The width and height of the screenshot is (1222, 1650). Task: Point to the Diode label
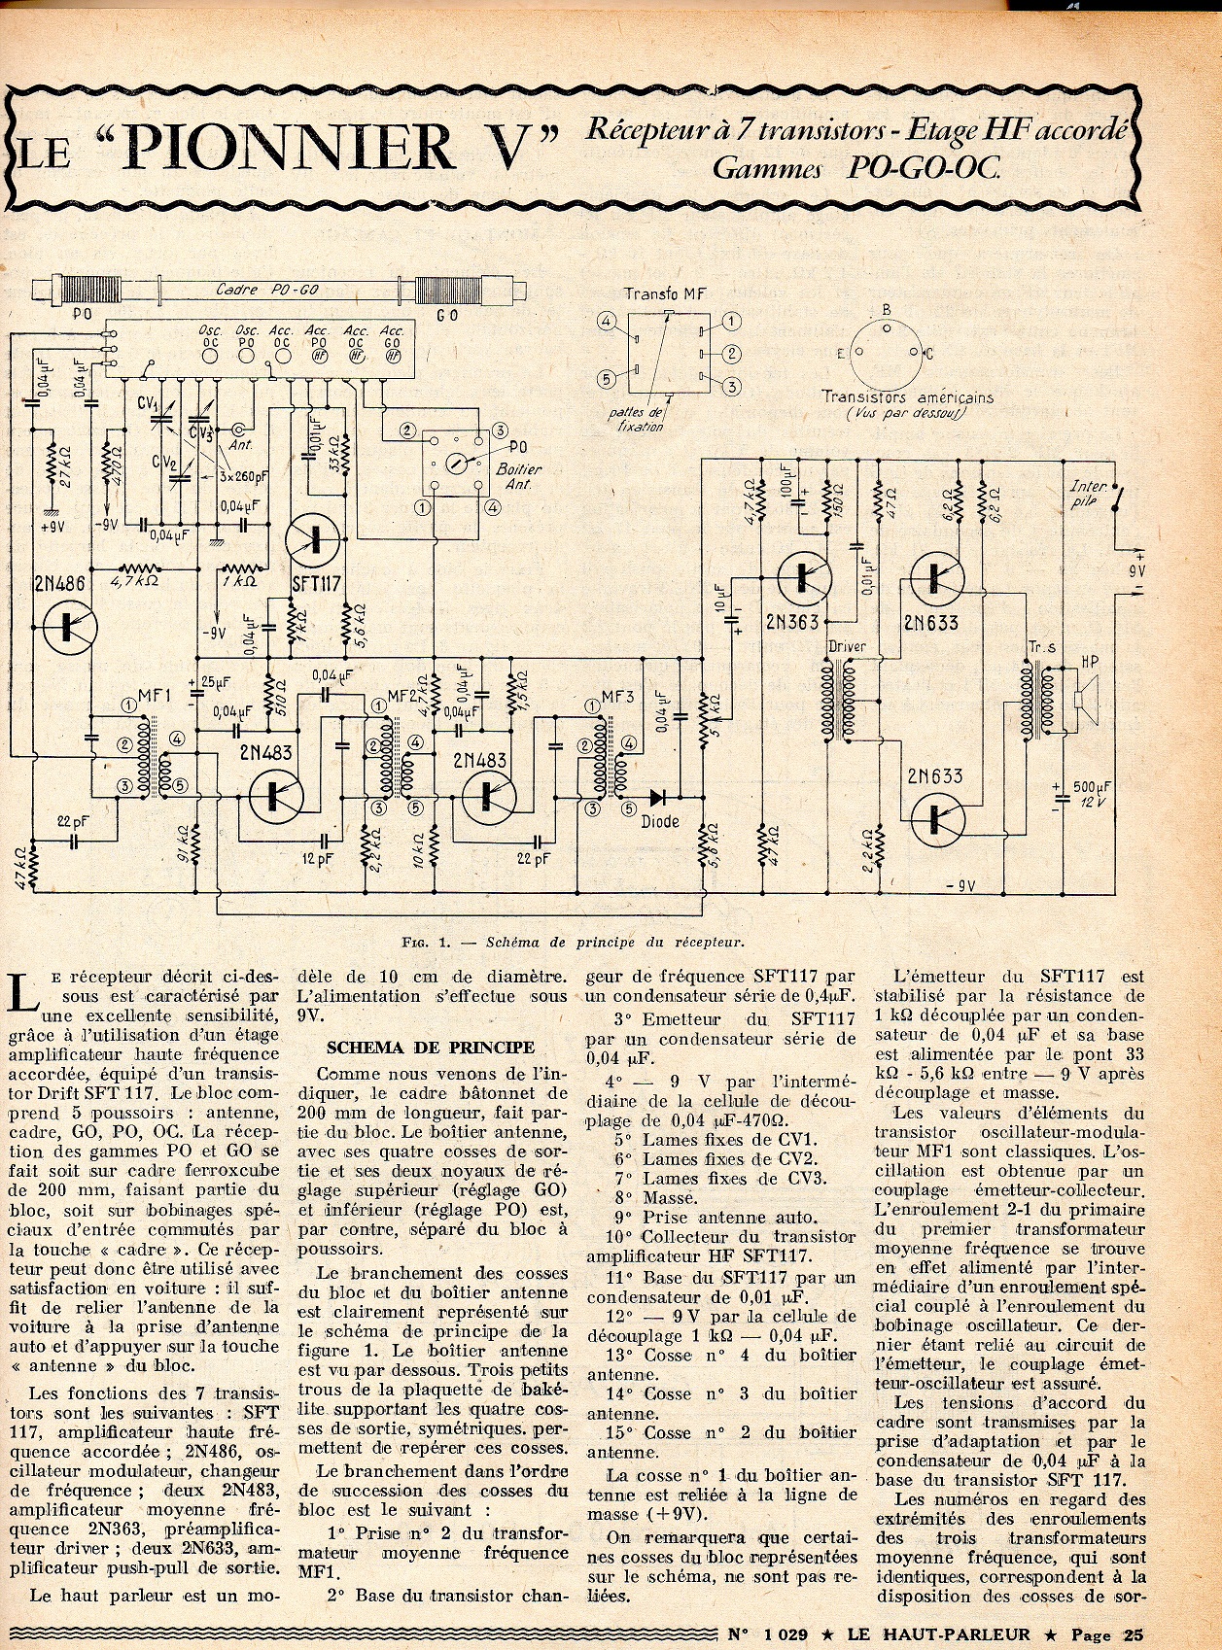click(660, 822)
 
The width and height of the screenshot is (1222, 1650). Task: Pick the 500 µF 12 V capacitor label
click(1090, 793)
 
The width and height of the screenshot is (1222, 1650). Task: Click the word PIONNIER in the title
click(290, 146)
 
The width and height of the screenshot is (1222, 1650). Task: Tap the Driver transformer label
click(846, 646)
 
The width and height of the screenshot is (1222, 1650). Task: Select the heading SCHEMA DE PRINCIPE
click(431, 1047)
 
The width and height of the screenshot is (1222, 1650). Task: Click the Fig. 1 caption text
click(573, 942)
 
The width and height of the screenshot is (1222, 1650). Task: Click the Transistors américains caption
click(907, 397)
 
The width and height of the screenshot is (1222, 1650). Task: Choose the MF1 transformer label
click(155, 696)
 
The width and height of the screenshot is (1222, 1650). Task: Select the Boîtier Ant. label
click(517, 476)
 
